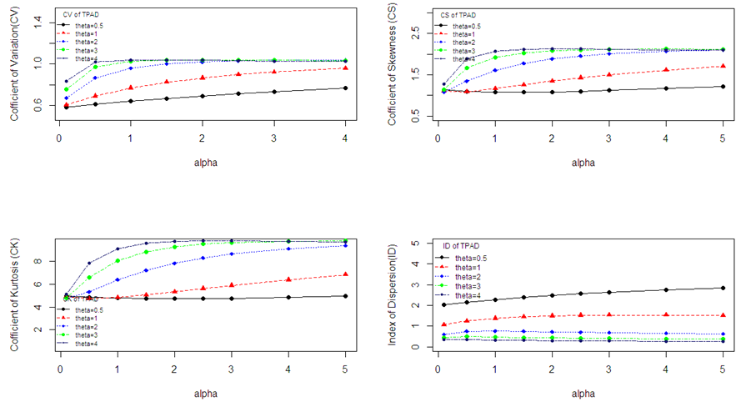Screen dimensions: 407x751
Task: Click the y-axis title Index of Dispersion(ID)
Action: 391,291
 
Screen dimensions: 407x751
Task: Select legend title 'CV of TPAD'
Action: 82,15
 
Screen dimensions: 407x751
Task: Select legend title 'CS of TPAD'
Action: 458,15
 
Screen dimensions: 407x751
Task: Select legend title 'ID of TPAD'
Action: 462,242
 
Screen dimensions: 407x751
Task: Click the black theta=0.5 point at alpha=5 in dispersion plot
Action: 722,288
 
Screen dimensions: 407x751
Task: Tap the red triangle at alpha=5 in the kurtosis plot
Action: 345,274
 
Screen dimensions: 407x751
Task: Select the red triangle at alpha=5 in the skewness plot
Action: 722,66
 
